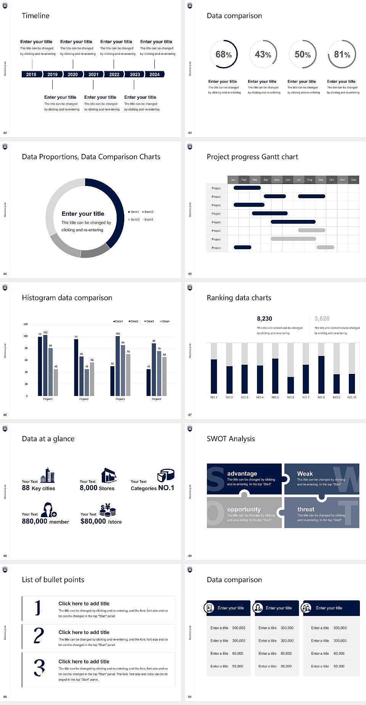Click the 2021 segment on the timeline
[x=93, y=74]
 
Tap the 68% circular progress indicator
[x=223, y=54]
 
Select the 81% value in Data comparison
[x=342, y=54]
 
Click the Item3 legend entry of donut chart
[x=134, y=220]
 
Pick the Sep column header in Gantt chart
[x=321, y=179]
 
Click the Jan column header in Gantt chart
[x=233, y=179]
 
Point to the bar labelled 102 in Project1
[x=45, y=364]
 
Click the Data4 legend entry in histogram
[x=165, y=321]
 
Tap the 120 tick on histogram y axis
[x=26, y=324]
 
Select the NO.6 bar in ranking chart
[x=291, y=385]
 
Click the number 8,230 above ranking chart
[x=265, y=319]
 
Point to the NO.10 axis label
[x=352, y=397]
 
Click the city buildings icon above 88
[x=48, y=475]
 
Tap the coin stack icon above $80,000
[x=108, y=510]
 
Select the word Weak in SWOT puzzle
[x=305, y=474]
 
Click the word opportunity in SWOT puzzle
[x=244, y=510]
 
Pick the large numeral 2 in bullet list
[x=39, y=636]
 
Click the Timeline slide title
[x=35, y=16]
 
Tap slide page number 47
[x=190, y=415]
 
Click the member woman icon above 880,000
[x=49, y=510]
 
